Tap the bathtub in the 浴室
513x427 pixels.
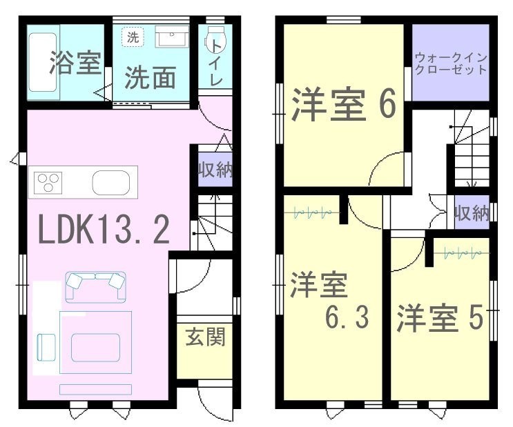point(43,62)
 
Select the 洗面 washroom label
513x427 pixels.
point(151,78)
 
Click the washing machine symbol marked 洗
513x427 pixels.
point(133,37)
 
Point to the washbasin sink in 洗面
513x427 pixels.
point(172,37)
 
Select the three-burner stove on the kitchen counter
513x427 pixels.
point(48,182)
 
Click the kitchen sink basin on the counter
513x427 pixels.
point(111,182)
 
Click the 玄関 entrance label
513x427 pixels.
point(205,337)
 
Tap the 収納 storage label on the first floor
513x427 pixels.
point(215,170)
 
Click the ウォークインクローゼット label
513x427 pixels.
point(451,64)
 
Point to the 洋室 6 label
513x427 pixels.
point(344,105)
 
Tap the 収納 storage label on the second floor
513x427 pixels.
point(472,213)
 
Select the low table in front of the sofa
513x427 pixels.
point(95,347)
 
